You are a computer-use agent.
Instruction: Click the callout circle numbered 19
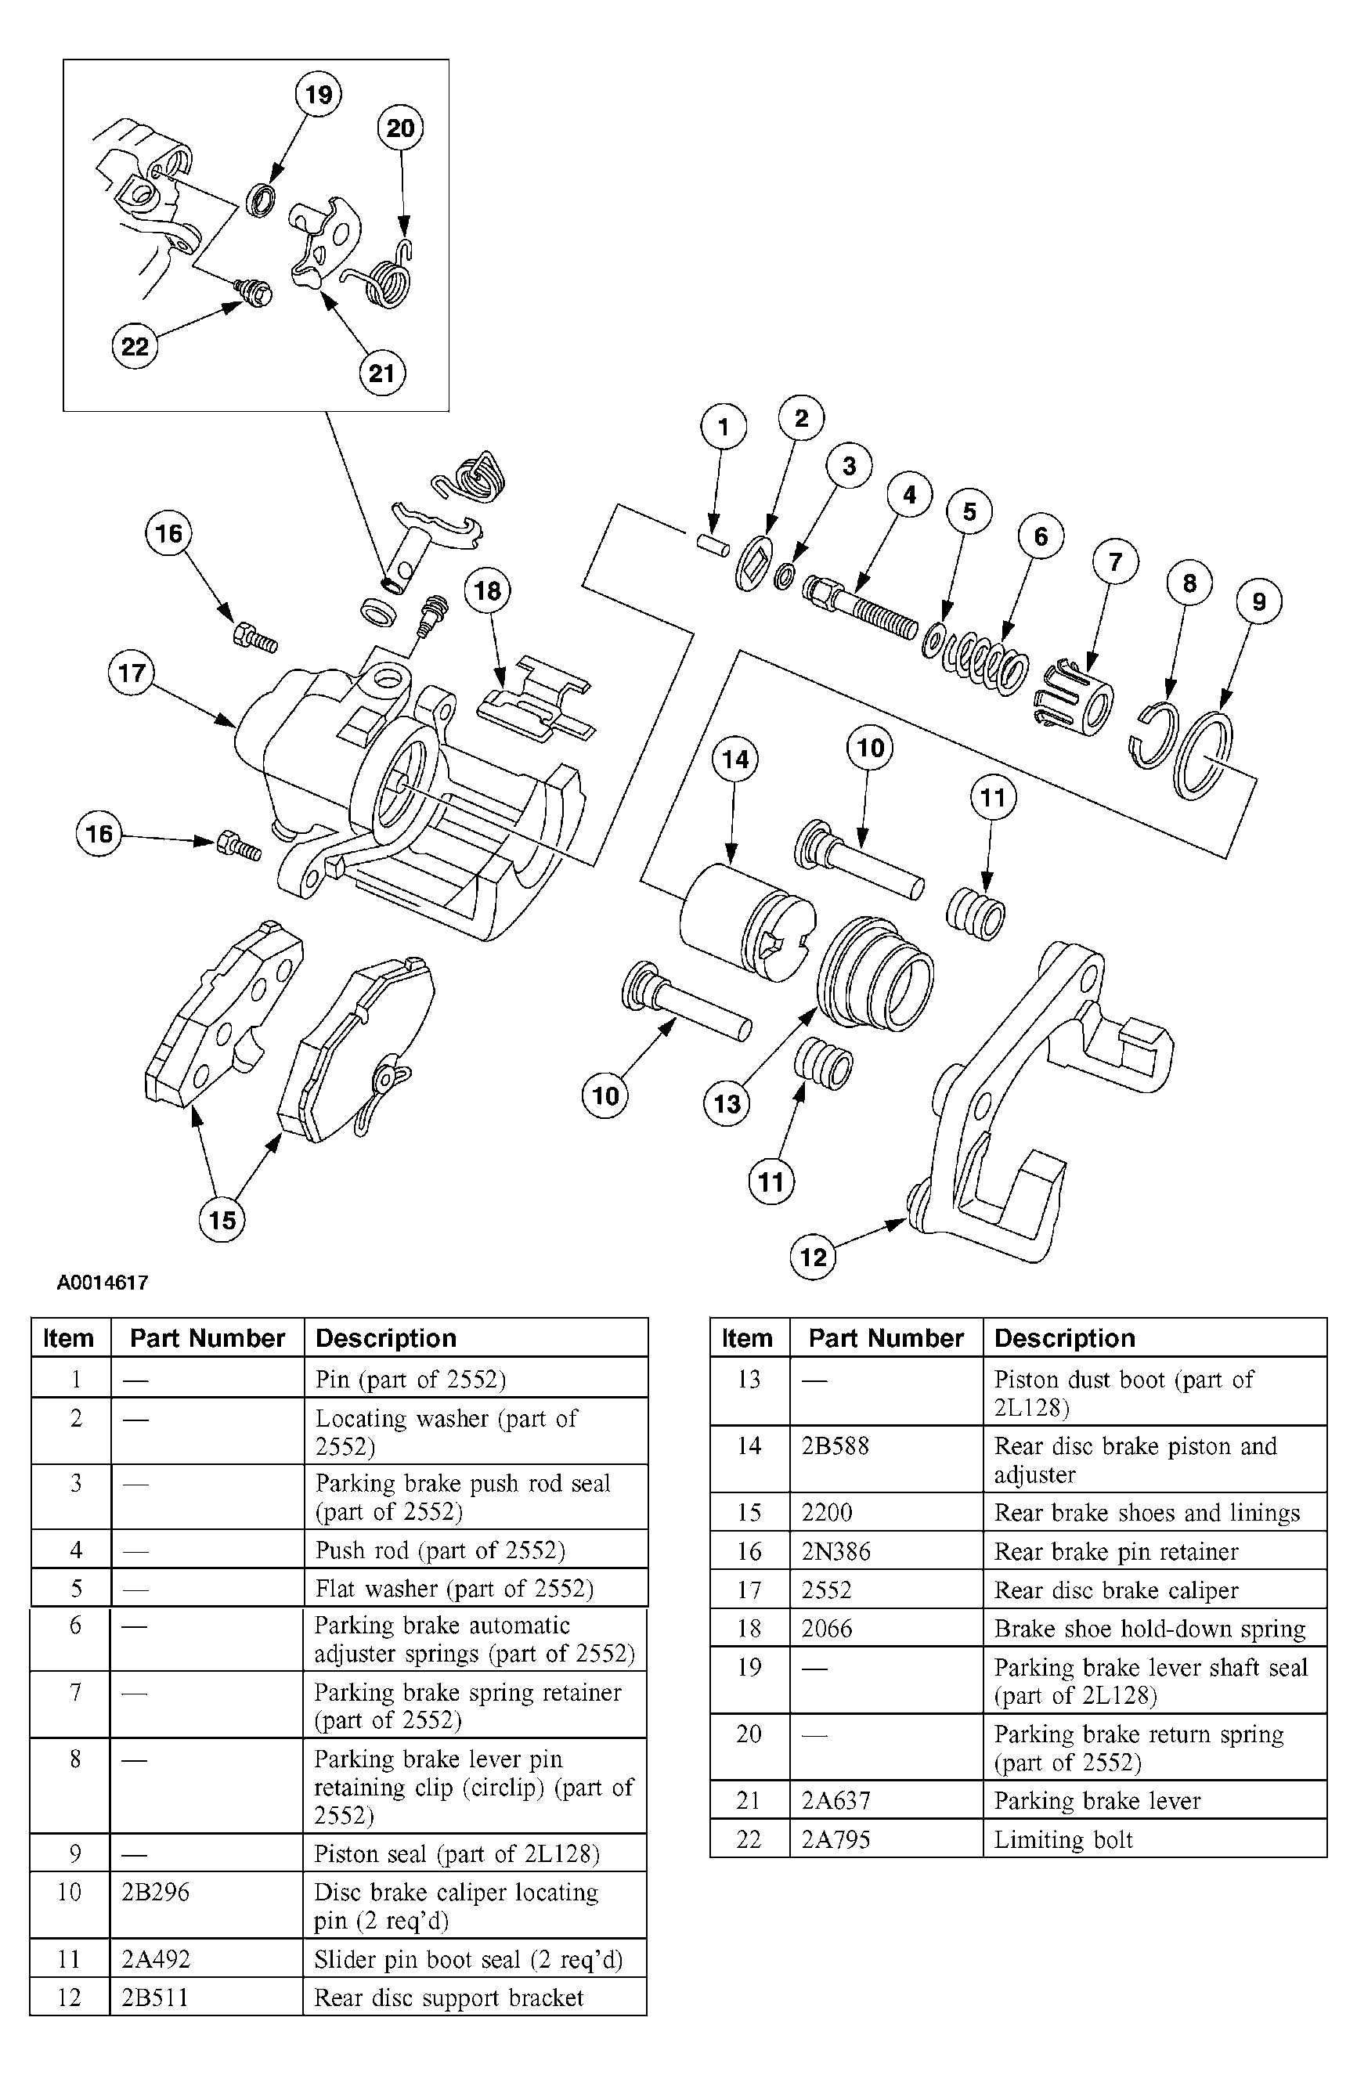pos(319,93)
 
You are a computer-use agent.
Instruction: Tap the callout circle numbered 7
pos(1114,561)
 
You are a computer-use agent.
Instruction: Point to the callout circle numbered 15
pos(222,1219)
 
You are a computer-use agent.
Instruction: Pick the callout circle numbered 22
pos(135,346)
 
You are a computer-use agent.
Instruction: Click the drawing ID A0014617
pos(103,1283)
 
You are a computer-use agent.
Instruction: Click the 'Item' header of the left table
pos(68,1338)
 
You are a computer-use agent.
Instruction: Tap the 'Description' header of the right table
pos(1065,1338)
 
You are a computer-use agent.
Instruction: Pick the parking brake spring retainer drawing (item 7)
pos(1073,695)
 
